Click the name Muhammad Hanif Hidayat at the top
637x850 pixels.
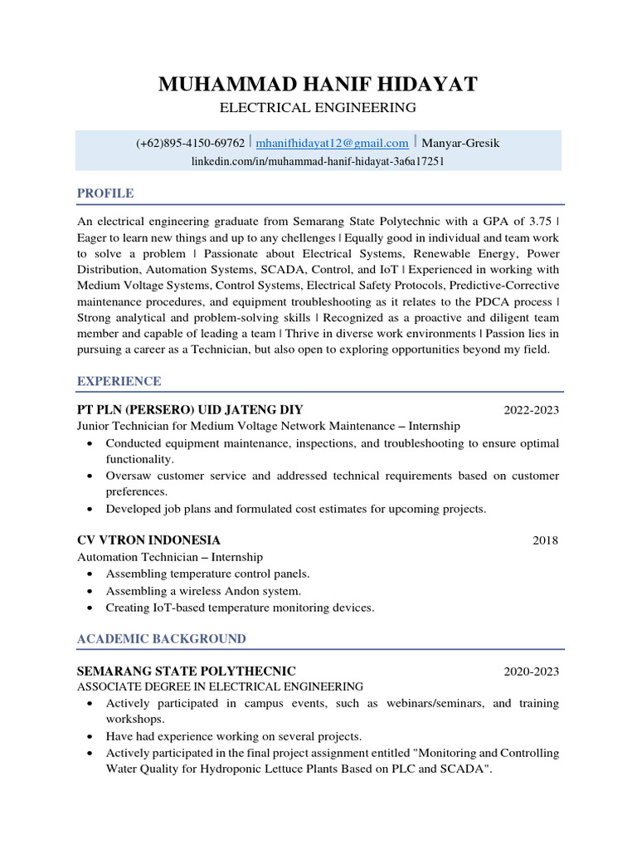318,85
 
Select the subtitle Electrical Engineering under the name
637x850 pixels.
318,108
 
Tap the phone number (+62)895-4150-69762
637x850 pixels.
190,144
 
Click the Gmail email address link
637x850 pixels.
332,144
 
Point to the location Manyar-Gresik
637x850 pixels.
461,144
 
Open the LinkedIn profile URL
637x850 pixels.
318,161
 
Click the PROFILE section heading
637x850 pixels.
105,193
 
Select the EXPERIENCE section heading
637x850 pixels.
119,381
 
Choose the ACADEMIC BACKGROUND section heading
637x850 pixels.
161,638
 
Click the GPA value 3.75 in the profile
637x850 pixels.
542,222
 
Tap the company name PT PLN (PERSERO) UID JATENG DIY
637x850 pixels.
190,409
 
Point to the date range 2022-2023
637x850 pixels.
531,410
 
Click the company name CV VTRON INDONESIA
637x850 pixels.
148,540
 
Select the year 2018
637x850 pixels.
545,541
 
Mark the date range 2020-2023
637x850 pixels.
531,672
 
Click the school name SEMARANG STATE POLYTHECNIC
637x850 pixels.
186,671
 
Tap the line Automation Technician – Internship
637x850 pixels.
170,557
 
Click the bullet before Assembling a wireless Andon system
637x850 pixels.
90,591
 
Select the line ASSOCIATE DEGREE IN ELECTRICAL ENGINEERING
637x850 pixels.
220,687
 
